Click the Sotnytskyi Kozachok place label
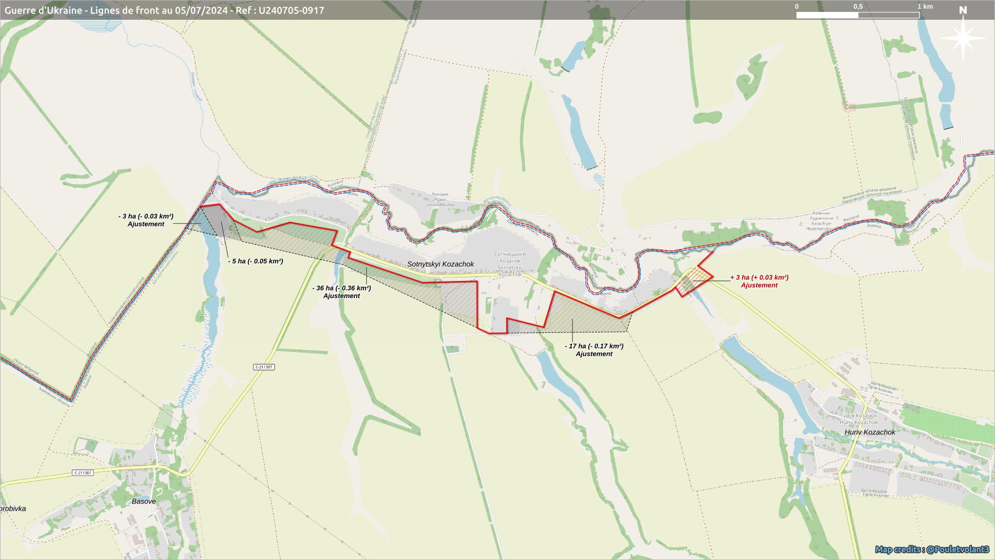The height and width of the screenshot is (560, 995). (440, 264)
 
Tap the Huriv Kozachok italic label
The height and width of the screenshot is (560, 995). (870, 432)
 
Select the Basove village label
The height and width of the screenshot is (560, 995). (144, 501)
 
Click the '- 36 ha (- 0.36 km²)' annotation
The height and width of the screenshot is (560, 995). (342, 288)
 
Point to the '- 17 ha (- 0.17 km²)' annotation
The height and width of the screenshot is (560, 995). (594, 346)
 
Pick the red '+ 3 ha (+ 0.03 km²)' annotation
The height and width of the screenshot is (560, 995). (759, 278)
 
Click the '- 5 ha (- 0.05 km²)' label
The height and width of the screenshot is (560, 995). (255, 261)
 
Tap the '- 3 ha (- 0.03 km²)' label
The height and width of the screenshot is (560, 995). (146, 217)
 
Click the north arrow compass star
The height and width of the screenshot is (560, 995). (963, 37)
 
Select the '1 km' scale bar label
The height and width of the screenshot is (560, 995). (925, 7)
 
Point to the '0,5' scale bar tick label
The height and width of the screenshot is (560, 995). (858, 7)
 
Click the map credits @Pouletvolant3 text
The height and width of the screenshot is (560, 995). (932, 549)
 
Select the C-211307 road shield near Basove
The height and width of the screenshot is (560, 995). (83, 473)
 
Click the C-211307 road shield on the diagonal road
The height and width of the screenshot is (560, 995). (264, 367)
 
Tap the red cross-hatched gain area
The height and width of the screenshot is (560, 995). (693, 281)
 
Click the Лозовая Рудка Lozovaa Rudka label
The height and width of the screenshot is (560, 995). (439, 200)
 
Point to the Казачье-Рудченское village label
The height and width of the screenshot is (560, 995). (821, 221)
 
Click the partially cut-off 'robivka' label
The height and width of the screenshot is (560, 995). (13, 509)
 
